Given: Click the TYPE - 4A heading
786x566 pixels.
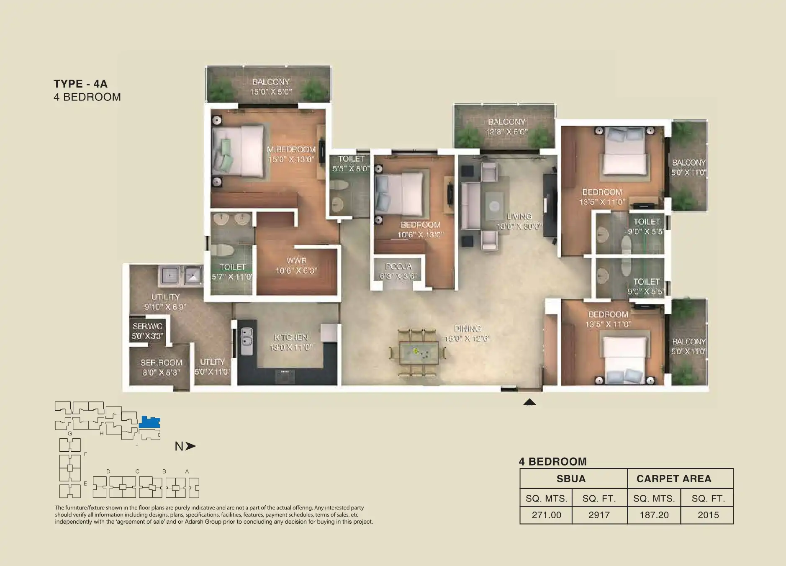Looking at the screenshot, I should (80, 84).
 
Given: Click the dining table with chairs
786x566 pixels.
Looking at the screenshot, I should (419, 352).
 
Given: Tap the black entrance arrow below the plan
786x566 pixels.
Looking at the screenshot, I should (529, 402).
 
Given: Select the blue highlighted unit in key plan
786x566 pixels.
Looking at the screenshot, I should (149, 422).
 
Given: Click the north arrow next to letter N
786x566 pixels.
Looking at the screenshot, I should (190, 446).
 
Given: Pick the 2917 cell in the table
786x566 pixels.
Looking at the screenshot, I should (599, 515).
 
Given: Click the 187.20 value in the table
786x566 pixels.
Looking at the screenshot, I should (654, 515).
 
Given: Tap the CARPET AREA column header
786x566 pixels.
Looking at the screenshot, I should (673, 479).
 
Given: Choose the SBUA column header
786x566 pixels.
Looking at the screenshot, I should (571, 479).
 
